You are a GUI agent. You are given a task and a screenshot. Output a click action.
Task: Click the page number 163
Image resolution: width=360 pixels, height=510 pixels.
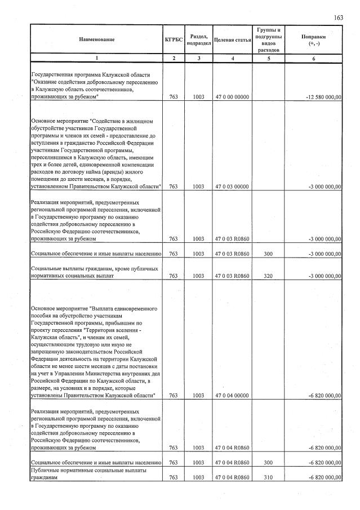338,18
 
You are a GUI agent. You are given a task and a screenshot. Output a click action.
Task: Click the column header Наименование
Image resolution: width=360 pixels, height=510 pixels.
96,39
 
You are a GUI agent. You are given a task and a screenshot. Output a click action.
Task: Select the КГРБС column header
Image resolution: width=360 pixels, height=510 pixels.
173,39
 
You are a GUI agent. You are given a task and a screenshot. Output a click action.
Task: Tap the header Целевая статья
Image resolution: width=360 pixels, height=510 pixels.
232,39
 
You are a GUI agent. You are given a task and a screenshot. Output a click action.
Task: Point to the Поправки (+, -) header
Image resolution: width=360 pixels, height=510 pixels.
314,39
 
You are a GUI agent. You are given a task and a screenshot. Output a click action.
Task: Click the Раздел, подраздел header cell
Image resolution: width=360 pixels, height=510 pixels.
198,39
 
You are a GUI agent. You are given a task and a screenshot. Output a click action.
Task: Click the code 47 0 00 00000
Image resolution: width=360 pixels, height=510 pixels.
232,97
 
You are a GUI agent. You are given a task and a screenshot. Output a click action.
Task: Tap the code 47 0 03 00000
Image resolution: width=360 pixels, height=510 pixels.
232,186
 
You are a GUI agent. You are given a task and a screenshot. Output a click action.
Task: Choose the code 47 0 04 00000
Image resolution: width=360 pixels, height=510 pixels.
232,396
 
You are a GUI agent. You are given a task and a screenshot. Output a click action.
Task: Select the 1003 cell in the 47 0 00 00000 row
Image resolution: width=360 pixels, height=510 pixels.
198,97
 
